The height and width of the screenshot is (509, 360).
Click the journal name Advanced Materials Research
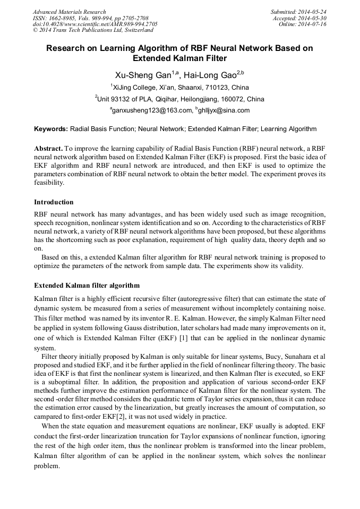point(69,12)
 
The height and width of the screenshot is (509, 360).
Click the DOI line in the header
point(95,24)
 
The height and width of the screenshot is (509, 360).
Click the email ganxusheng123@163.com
point(151,110)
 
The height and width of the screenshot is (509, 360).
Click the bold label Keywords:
point(51,129)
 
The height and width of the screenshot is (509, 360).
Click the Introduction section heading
point(54,202)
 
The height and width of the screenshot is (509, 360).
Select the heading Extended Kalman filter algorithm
point(87,286)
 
